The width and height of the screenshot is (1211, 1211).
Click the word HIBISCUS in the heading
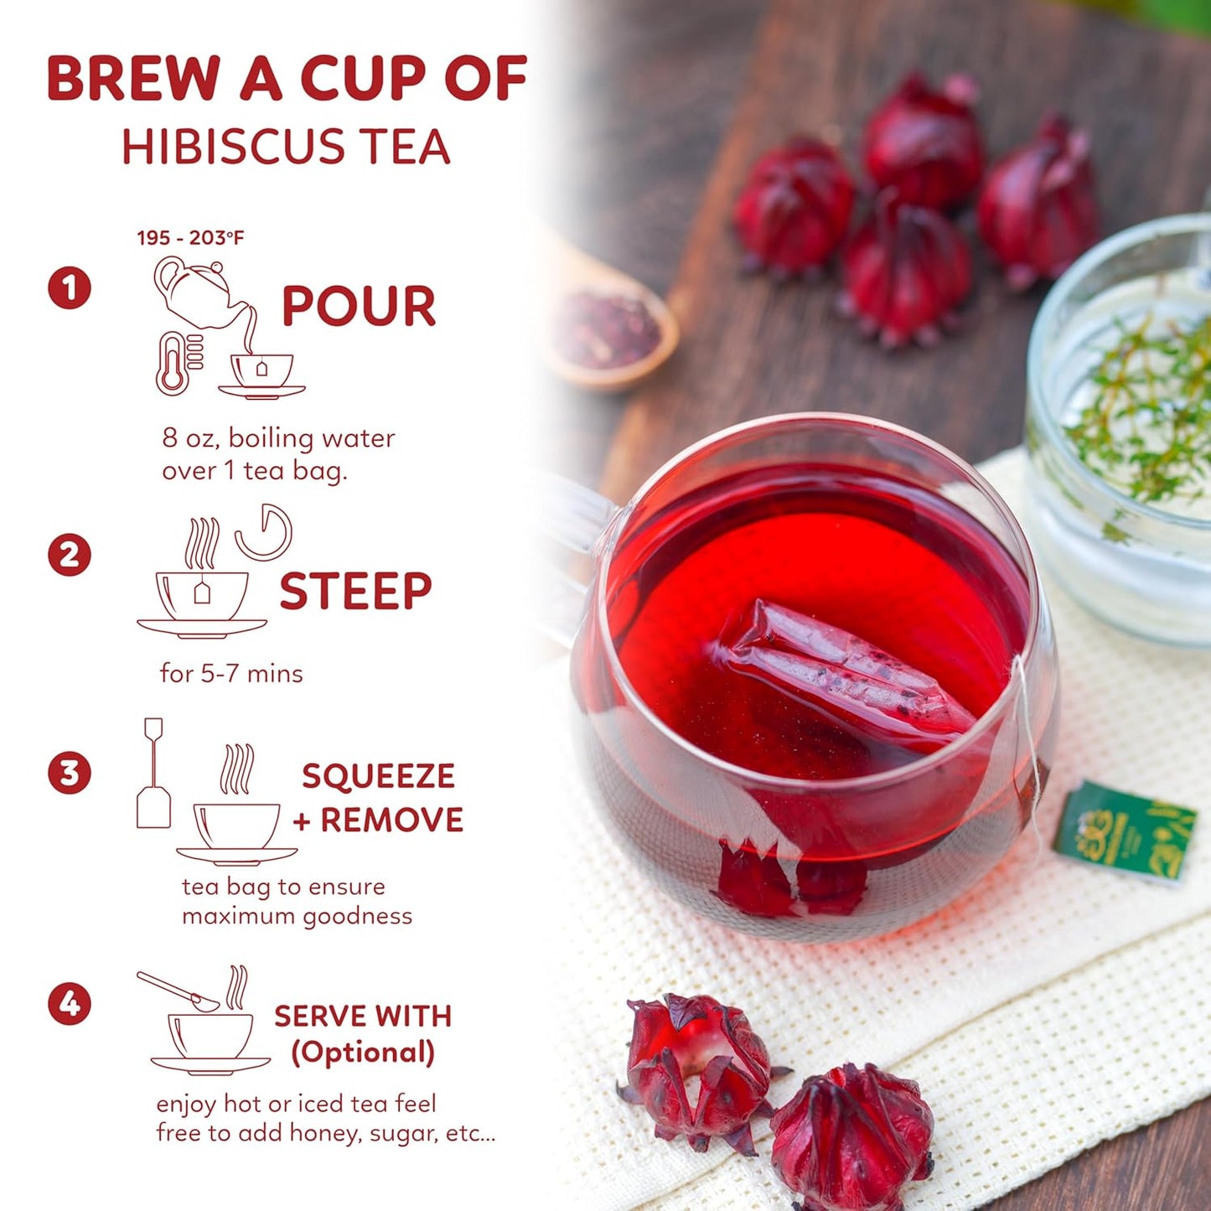pyautogui.click(x=233, y=147)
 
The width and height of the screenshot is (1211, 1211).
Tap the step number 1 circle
pyautogui.click(x=70, y=287)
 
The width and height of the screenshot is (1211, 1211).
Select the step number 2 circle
pyautogui.click(x=70, y=555)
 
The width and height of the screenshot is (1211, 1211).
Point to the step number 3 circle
pyautogui.click(x=70, y=773)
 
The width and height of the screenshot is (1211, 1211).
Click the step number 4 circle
pyautogui.click(x=70, y=1003)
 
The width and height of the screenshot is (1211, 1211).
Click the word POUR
pyautogui.click(x=359, y=307)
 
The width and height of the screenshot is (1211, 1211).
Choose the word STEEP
pyautogui.click(x=355, y=592)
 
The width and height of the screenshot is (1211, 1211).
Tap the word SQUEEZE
pyautogui.click(x=378, y=776)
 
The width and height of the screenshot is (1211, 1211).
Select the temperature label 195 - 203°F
pyautogui.click(x=190, y=238)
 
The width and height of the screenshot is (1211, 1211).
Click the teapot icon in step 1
pyautogui.click(x=197, y=291)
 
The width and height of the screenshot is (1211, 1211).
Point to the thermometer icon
pyautogui.click(x=173, y=363)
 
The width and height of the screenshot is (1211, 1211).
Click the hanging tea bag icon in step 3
pyautogui.click(x=153, y=775)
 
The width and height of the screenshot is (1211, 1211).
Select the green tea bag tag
pyautogui.click(x=1125, y=830)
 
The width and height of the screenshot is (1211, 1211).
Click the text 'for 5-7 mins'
pyautogui.click(x=231, y=674)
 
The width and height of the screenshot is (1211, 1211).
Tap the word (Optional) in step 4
pyautogui.click(x=363, y=1053)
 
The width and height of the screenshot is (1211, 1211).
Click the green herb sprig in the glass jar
pyautogui.click(x=1140, y=411)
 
